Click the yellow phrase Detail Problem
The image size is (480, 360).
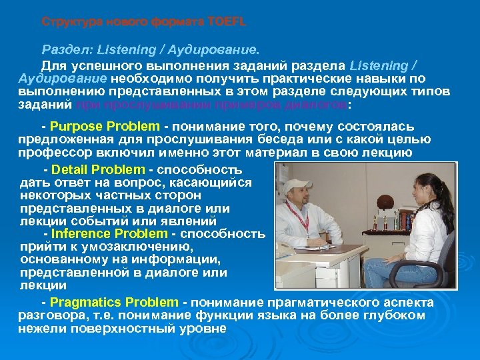coord(98,169)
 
